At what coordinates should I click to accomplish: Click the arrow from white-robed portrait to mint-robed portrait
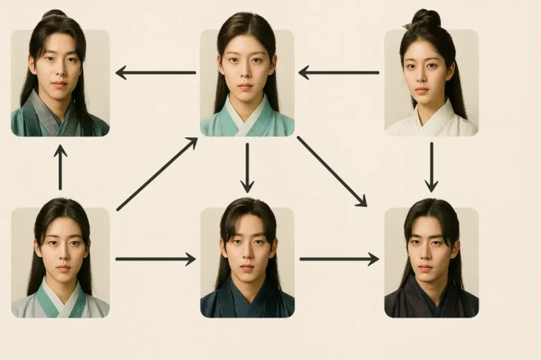(x=339, y=73)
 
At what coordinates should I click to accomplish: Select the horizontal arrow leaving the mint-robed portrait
(x=155, y=73)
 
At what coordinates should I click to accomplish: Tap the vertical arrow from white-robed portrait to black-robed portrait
(x=431, y=166)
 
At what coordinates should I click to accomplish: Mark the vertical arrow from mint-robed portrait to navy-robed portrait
(x=247, y=167)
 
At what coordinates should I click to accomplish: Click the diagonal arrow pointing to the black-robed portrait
(x=332, y=171)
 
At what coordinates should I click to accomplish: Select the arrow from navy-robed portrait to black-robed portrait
(x=339, y=259)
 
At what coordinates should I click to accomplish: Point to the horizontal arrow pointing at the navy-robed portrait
(x=155, y=259)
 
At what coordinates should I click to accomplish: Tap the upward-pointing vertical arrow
(x=61, y=167)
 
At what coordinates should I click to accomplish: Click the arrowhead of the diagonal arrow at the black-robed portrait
(x=362, y=202)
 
